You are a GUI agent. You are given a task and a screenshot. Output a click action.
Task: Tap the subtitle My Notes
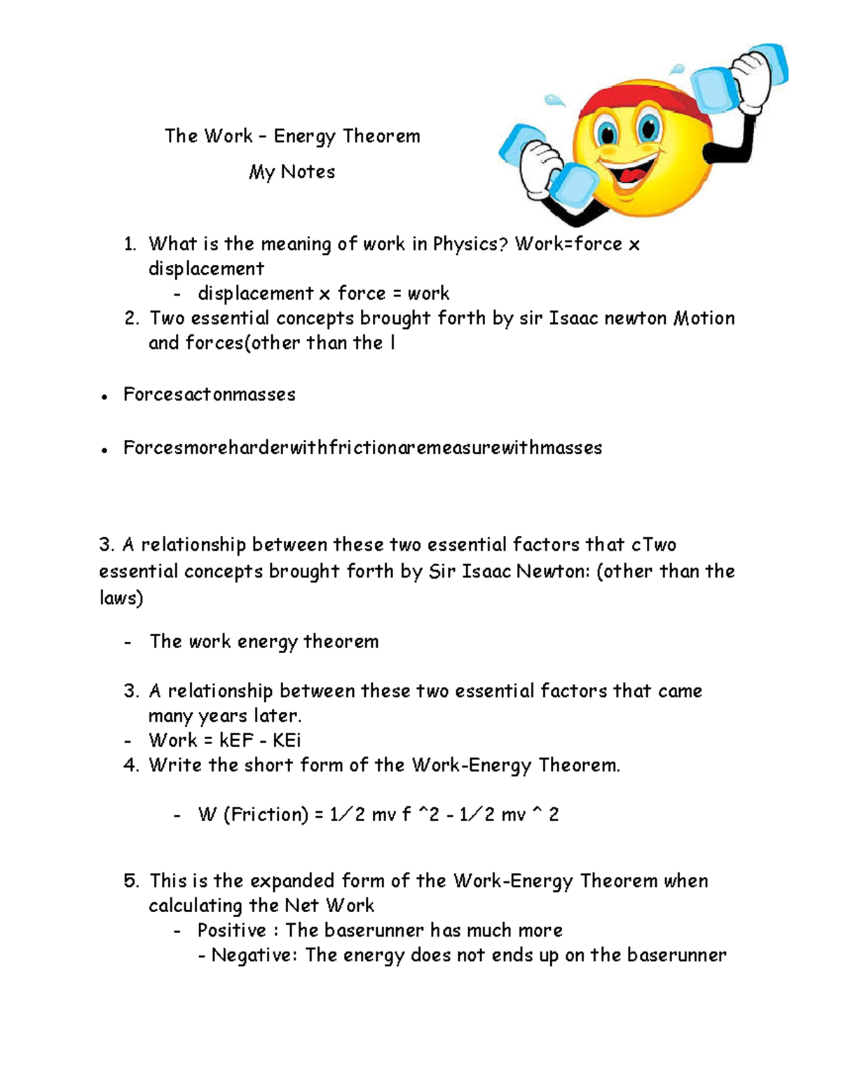coord(292,172)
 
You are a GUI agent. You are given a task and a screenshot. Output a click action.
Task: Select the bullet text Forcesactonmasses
coord(209,394)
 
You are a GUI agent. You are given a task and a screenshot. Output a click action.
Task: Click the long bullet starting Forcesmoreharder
coord(362,448)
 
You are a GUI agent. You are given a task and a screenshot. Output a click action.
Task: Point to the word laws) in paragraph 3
coord(121,598)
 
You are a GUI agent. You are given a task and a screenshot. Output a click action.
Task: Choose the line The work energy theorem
coord(264,642)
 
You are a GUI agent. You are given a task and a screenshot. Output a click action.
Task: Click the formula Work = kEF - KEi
coord(224,741)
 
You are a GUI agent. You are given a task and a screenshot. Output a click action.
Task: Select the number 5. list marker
coord(131,881)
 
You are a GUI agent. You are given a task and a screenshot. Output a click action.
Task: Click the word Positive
coord(231,931)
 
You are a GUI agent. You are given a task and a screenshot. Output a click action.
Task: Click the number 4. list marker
coord(131,765)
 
